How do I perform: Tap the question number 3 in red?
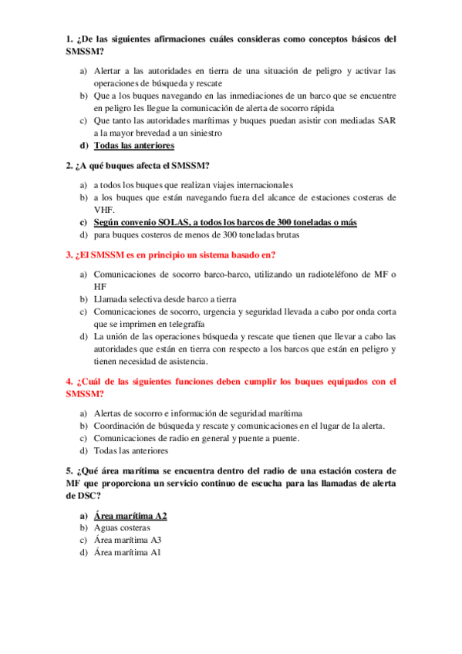pyautogui.click(x=69, y=255)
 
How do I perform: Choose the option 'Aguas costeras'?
pyautogui.click(x=122, y=528)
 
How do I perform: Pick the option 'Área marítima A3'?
pyautogui.click(x=126, y=540)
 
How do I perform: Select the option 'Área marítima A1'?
pyautogui.click(x=126, y=552)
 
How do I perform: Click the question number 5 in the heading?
pyautogui.click(x=69, y=470)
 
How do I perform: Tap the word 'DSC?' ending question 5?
pyautogui.click(x=84, y=495)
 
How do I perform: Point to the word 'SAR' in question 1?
pyautogui.click(x=386, y=120)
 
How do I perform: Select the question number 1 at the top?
pyautogui.click(x=69, y=39)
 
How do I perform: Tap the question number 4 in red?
pyautogui.click(x=69, y=381)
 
